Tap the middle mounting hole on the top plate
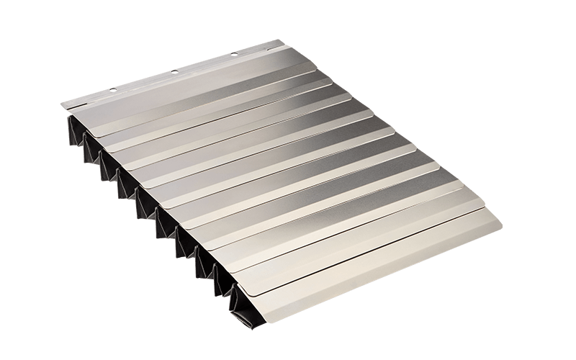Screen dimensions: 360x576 [175, 71]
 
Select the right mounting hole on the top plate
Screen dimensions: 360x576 [235, 54]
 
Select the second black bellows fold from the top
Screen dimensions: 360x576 [91, 148]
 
